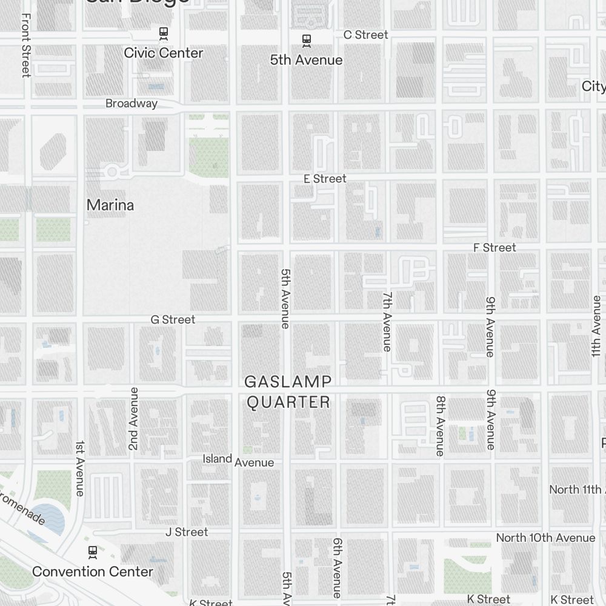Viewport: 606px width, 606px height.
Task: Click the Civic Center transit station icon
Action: click(x=163, y=33)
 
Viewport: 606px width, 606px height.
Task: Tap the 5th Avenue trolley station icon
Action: click(x=307, y=41)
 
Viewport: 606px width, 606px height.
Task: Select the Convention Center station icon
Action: click(x=92, y=551)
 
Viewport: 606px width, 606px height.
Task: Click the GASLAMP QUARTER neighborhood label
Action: click(x=288, y=391)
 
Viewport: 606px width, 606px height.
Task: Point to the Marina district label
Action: click(x=110, y=205)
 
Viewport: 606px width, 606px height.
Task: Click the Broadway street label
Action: click(x=132, y=104)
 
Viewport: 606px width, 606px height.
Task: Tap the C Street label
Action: click(x=365, y=35)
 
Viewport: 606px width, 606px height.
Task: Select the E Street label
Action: click(x=325, y=179)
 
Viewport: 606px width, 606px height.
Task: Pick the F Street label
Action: click(x=495, y=248)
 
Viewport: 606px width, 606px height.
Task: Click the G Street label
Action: click(x=173, y=319)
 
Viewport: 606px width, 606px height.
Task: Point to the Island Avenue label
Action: click(x=238, y=460)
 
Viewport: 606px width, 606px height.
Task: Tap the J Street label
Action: click(x=187, y=532)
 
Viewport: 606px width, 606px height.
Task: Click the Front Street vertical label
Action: click(x=25, y=45)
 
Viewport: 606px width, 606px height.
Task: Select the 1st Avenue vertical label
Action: click(x=80, y=468)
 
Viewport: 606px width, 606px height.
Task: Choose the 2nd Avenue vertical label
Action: click(x=134, y=418)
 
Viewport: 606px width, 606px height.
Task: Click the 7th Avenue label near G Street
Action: click(x=387, y=321)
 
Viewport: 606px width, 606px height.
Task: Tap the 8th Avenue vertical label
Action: click(x=441, y=426)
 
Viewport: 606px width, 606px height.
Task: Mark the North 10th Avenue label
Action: click(x=545, y=538)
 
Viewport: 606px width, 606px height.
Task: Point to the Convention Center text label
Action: click(x=93, y=571)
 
